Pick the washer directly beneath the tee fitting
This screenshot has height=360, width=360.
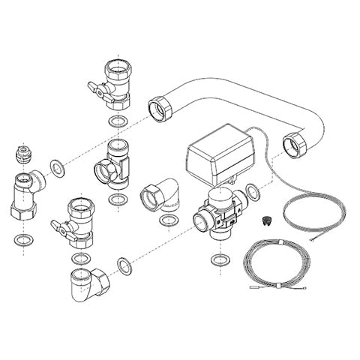[118, 199]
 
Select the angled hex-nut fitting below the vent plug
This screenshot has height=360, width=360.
[26, 195]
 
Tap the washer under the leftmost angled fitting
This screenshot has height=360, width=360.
[23, 239]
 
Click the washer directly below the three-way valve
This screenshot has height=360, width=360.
[219, 259]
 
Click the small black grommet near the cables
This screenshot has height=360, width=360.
[264, 221]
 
